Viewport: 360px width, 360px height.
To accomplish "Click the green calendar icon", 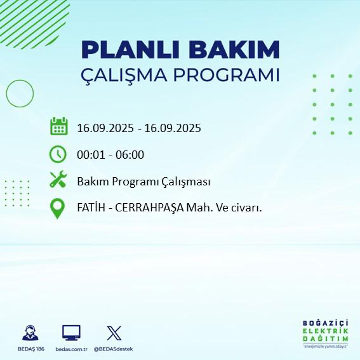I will click(58, 126).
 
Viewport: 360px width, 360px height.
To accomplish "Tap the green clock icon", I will click(58, 154).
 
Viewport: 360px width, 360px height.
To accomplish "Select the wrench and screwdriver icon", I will click(58, 180).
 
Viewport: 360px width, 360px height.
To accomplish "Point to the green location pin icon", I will click(58, 208).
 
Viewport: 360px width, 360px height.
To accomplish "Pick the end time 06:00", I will click(130, 154).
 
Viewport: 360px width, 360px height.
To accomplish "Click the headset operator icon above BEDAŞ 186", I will click(29, 333).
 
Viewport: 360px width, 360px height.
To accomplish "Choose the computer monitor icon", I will click(71, 333).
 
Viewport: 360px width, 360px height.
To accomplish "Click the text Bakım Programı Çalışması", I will click(143, 182).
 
